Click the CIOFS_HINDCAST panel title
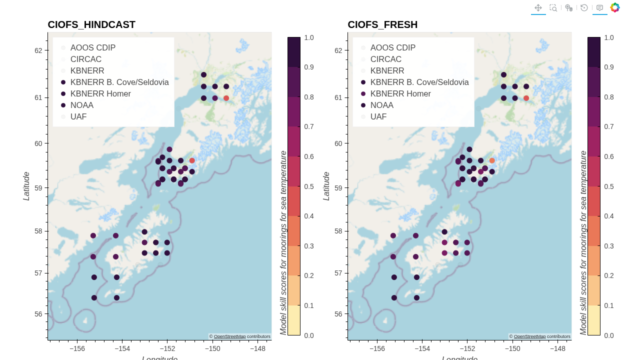[91, 24]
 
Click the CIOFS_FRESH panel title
[382, 24]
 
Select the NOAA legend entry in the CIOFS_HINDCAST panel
[81, 105]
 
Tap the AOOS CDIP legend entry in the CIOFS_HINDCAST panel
[92, 47]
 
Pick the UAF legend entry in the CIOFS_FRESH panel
[378, 116]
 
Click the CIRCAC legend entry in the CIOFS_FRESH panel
[385, 59]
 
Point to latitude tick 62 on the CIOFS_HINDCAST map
[38, 50]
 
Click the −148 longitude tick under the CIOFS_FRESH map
[557, 348]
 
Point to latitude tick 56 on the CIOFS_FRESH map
[338, 314]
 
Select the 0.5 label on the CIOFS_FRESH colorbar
[609, 186]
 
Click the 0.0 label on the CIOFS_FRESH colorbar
[609, 335]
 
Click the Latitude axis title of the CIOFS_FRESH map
[326, 186]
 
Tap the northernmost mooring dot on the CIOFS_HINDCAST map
[203, 74]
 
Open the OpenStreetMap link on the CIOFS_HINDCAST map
[229, 336]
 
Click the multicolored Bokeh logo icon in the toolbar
[615, 7]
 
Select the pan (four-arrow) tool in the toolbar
[538, 7]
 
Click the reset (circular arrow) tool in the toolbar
[584, 7]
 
